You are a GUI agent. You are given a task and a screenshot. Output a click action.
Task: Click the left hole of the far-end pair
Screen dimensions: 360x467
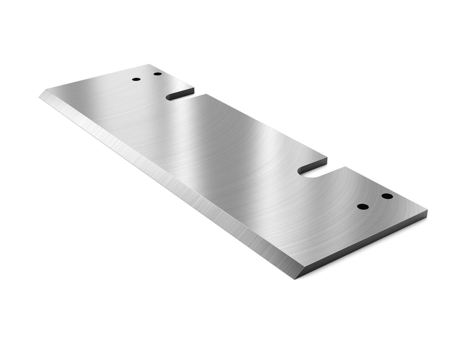136,79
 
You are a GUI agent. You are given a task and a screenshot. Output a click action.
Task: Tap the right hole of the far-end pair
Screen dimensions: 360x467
158,74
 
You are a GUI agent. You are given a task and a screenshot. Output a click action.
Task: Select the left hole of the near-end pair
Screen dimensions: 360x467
363,207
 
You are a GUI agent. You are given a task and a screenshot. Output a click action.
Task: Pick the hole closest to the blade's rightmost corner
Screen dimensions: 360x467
387,197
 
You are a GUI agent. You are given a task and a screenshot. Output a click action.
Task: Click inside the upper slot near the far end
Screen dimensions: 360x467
181,96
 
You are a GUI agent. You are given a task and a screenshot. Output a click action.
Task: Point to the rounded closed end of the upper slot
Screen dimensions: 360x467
168,97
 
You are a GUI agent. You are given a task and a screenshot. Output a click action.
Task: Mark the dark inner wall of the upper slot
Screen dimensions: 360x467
182,91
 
